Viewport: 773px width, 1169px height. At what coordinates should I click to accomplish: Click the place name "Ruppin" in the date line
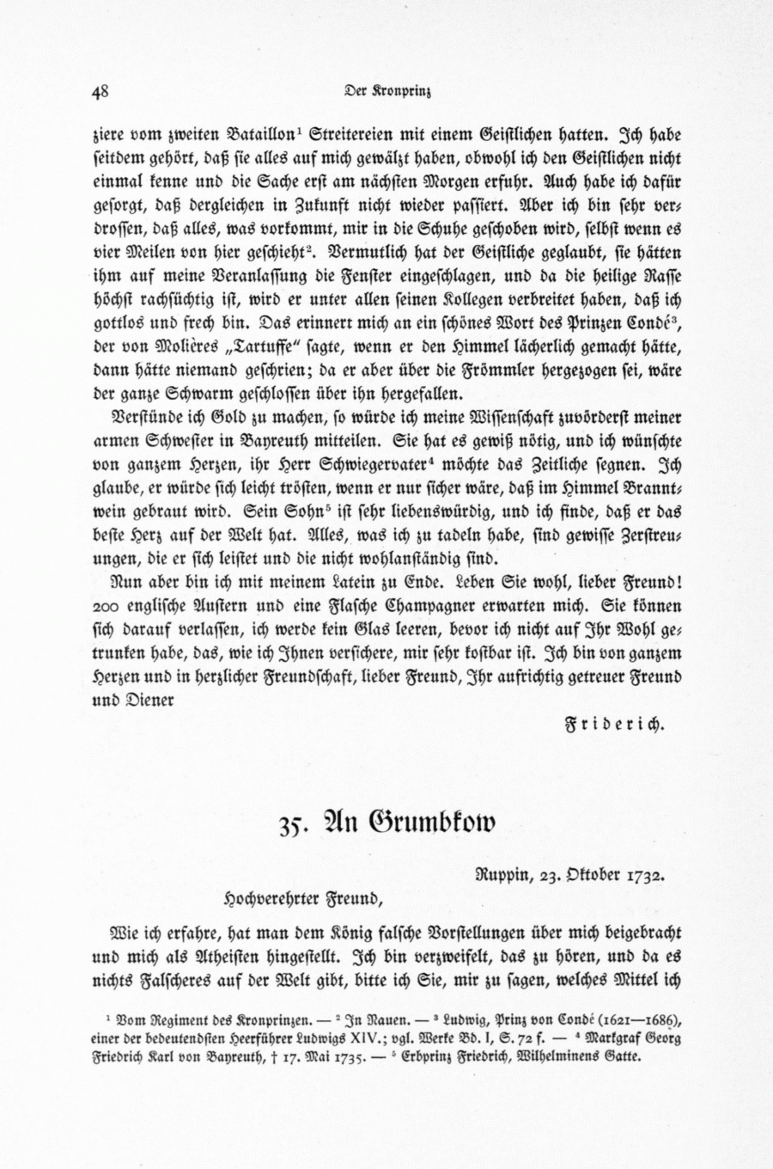coord(505,877)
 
